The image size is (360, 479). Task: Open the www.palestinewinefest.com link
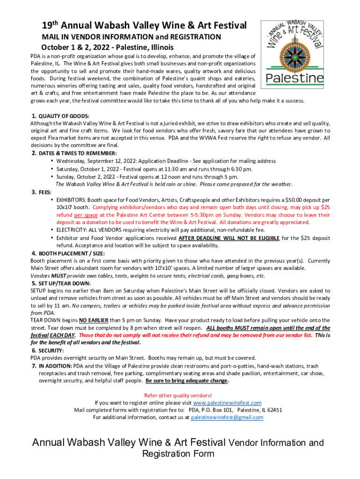pyautogui.click(x=227, y=403)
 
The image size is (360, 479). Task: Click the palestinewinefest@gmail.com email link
pyautogui.click(x=227, y=418)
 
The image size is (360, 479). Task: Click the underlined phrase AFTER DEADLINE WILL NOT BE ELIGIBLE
pyautogui.click(x=229, y=238)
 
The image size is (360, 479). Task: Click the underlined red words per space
pyautogui.click(x=86, y=215)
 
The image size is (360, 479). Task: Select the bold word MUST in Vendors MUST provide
pyautogui.click(x=58, y=276)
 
